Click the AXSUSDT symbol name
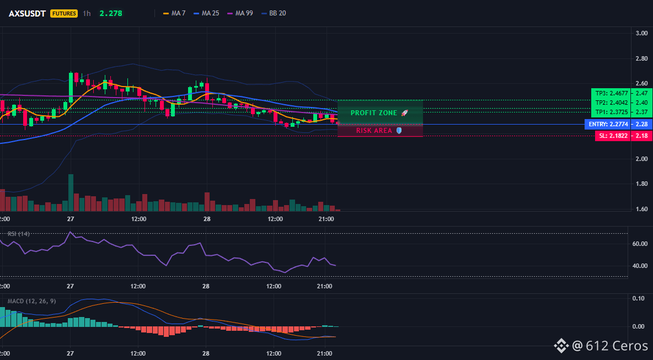(x=28, y=13)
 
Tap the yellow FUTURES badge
(x=64, y=13)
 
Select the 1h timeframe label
(x=87, y=13)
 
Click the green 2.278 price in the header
(x=111, y=13)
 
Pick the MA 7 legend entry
(x=174, y=13)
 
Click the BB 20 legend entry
(x=274, y=13)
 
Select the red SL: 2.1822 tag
(x=612, y=136)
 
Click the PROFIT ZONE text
(x=374, y=113)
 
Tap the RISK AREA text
(x=374, y=131)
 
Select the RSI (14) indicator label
(x=19, y=234)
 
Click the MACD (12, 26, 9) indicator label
(x=31, y=301)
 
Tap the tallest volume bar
(x=71, y=193)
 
